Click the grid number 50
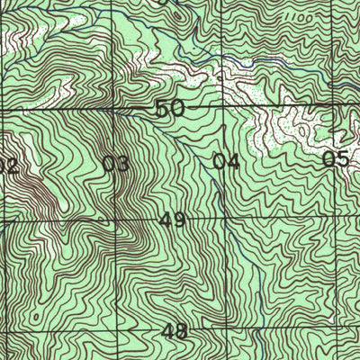[169, 109]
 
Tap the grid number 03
[115, 164]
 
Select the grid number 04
[226, 162]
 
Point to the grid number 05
[335, 160]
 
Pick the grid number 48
[175, 331]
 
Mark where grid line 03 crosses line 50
[113, 111]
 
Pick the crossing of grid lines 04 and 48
[228, 330]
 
